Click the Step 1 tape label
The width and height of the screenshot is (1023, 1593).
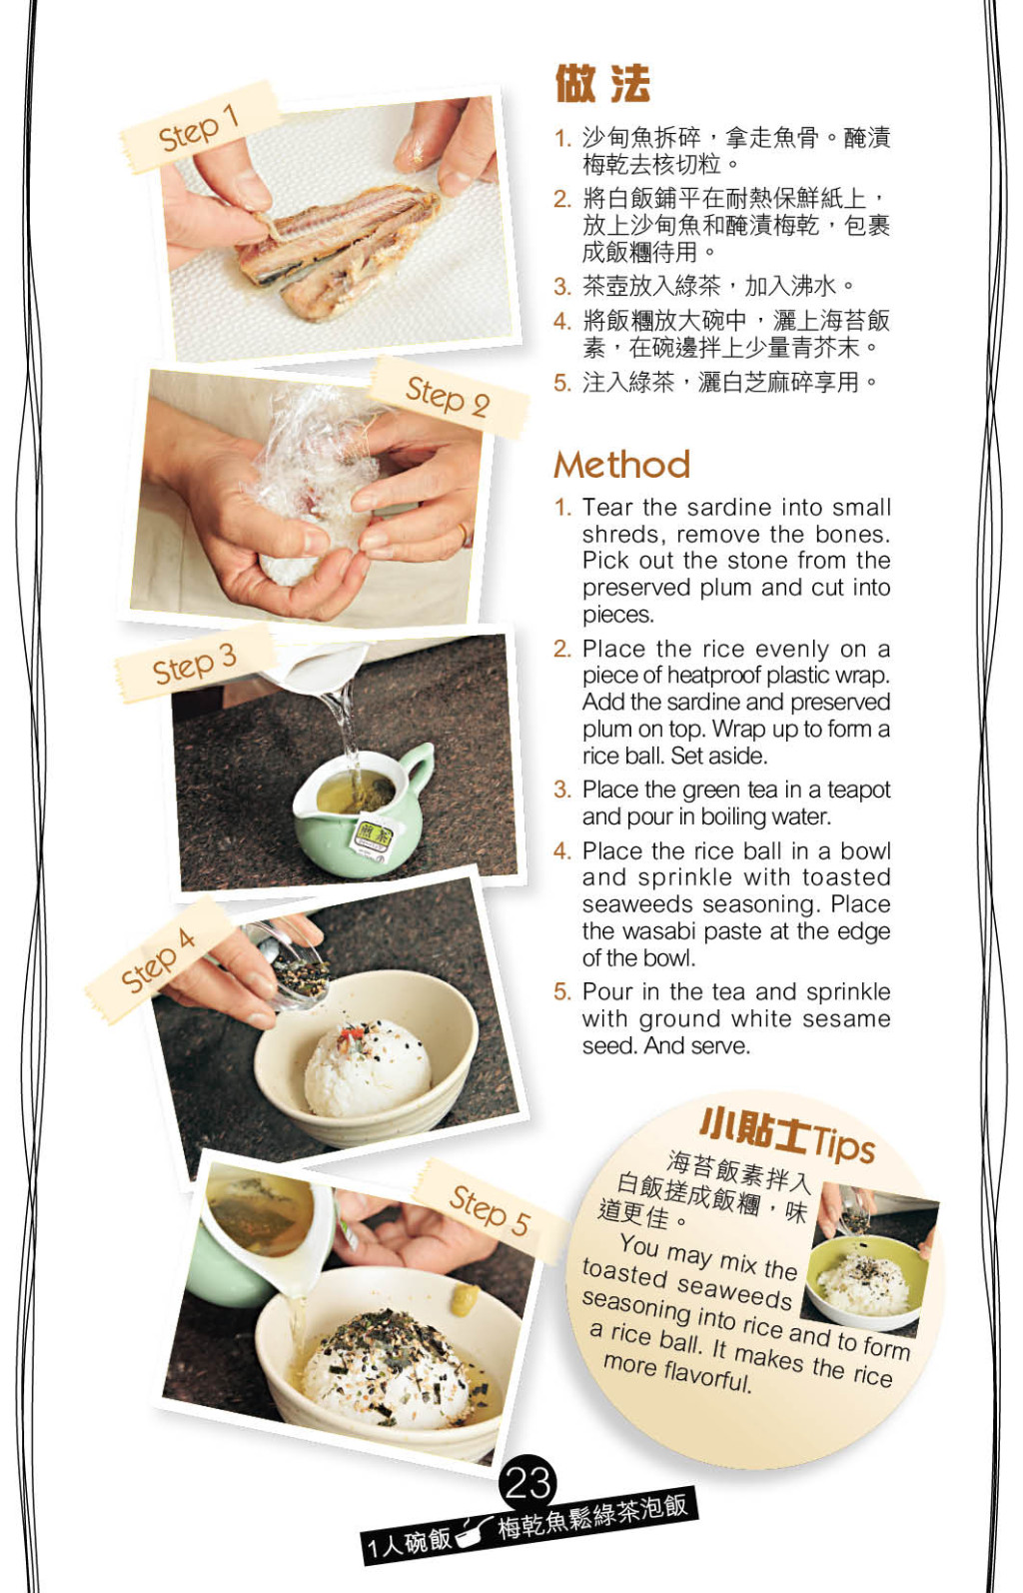click(199, 127)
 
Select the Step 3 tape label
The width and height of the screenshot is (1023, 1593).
click(194, 665)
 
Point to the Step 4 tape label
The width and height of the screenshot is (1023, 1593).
click(158, 960)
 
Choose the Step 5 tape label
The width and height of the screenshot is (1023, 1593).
click(490, 1210)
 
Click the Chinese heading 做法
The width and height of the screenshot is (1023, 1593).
click(602, 84)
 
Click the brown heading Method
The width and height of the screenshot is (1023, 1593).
click(622, 465)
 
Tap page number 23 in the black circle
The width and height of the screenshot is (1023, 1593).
click(528, 1483)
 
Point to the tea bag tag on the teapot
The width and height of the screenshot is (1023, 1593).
click(374, 840)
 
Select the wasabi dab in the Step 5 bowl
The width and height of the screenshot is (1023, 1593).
click(464, 1300)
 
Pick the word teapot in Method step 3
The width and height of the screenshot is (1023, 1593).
click(859, 791)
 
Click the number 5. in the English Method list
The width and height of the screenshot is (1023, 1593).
click(562, 992)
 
